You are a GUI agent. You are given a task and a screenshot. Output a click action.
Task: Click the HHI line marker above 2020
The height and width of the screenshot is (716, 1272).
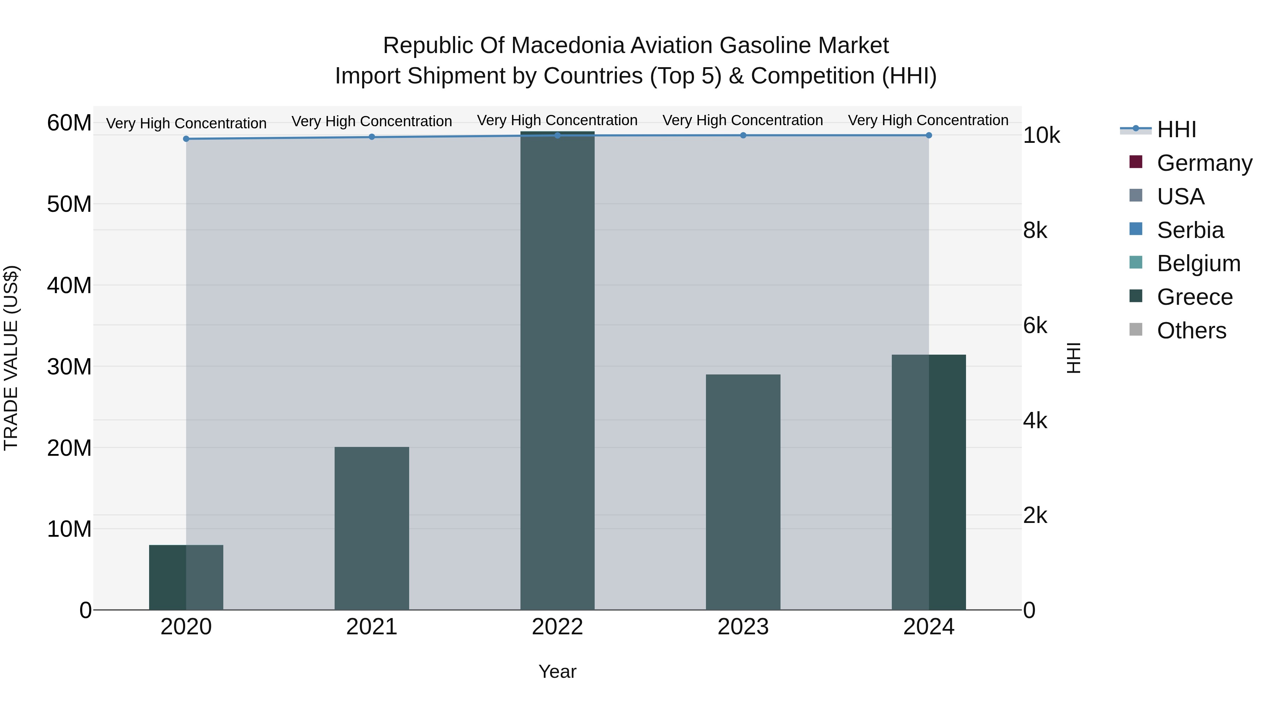click(x=186, y=139)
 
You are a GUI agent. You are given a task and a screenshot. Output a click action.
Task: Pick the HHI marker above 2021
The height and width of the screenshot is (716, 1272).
click(x=372, y=137)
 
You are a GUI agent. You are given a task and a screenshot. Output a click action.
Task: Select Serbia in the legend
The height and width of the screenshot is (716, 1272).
click(x=1190, y=230)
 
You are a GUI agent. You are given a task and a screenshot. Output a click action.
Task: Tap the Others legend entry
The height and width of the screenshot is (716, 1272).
click(x=1191, y=331)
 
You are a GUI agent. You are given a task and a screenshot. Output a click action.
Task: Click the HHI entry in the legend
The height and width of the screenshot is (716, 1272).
click(x=1176, y=129)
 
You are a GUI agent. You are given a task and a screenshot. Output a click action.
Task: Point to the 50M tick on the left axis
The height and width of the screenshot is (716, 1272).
click(x=69, y=204)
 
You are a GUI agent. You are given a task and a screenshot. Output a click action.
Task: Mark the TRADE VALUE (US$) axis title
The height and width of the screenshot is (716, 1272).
click(x=11, y=358)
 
